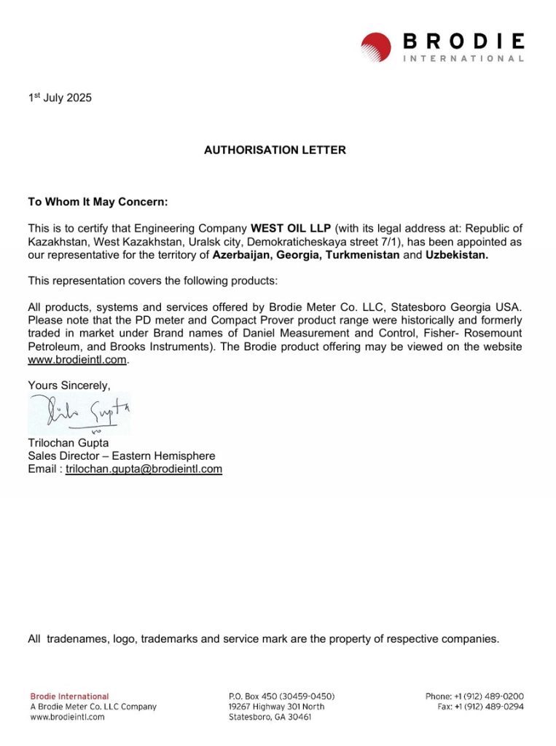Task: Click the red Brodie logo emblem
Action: (376, 47)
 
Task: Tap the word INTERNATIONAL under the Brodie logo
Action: (463, 58)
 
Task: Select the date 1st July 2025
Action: (60, 98)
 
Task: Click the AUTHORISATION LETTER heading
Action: (275, 150)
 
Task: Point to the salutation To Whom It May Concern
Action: (98, 202)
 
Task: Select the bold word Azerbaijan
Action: (242, 255)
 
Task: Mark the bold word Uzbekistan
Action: (457, 255)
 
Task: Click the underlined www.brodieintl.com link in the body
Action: (77, 359)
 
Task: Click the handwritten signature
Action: (79, 414)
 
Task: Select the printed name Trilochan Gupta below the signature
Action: (68, 443)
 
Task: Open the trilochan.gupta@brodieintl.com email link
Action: (144, 469)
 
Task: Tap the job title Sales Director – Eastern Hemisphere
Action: (122, 456)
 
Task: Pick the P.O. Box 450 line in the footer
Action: (282, 696)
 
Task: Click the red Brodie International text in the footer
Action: (69, 696)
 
